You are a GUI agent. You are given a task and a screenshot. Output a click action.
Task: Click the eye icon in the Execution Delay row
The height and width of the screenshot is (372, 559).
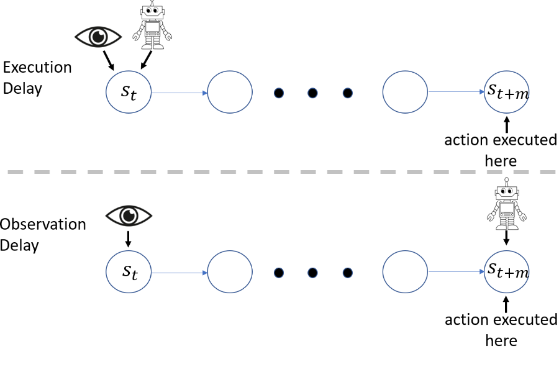tap(98, 37)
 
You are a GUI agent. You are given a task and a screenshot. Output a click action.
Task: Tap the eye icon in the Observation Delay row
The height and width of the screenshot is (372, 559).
tap(129, 215)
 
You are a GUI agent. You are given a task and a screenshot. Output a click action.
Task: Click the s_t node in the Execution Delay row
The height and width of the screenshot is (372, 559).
tap(129, 93)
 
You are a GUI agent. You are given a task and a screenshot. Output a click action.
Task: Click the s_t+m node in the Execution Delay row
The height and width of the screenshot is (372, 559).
tap(507, 93)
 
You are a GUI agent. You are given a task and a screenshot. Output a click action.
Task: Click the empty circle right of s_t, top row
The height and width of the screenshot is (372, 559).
tap(230, 93)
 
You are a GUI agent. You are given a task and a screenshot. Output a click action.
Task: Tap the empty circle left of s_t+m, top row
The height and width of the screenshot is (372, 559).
tap(405, 93)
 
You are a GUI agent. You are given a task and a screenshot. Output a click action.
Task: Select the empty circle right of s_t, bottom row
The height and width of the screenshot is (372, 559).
tap(230, 272)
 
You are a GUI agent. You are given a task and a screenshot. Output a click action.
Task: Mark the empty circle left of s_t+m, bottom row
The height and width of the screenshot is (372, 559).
tap(405, 272)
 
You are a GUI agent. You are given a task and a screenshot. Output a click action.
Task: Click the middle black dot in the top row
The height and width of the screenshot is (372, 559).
tap(312, 93)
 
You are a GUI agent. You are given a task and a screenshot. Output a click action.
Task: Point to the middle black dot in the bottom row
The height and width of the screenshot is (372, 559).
tap(312, 272)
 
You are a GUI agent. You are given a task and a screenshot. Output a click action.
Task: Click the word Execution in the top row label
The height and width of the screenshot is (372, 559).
tap(37, 67)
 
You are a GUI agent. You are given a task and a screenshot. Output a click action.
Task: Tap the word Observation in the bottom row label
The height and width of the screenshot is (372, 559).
tap(43, 224)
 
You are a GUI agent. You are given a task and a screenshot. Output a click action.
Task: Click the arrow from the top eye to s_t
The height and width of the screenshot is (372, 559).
tap(109, 60)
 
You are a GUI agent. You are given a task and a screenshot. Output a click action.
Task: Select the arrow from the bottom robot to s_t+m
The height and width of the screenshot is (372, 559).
tap(507, 237)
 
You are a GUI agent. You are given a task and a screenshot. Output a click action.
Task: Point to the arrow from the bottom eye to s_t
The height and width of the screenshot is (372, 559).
tap(129, 238)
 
